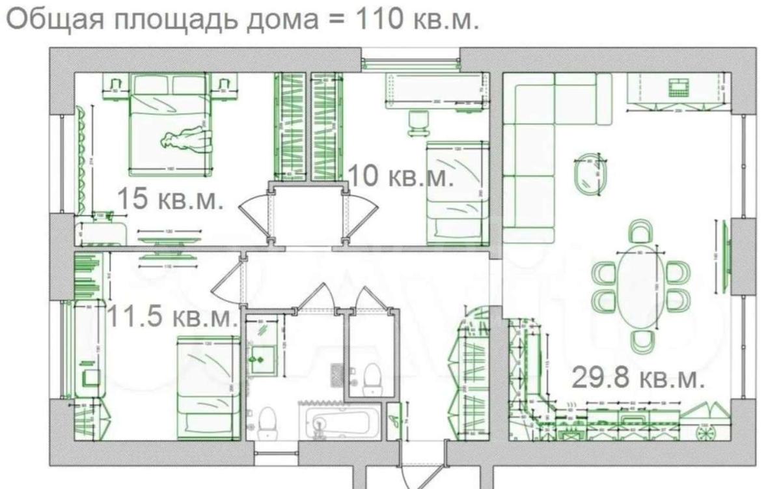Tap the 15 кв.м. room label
pos(169,199)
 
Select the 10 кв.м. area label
pos(401,176)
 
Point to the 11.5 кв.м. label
pos(171,317)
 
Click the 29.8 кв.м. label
pos(637,378)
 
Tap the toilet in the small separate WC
pos(372,380)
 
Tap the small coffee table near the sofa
pos(590,175)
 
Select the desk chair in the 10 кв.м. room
pos(417,123)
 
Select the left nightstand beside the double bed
pos(115,85)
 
